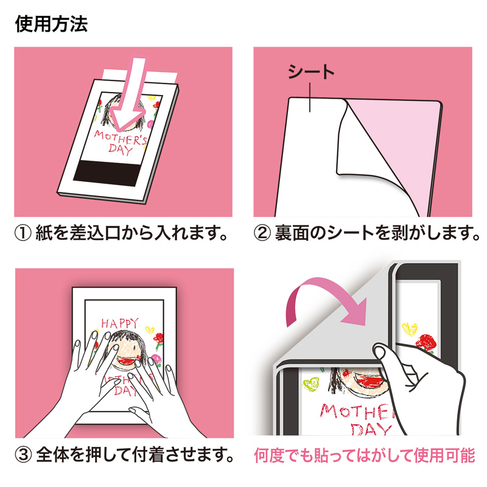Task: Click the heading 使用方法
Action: pos(51,24)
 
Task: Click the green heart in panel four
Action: pos(312,384)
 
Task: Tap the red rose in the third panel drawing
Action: pos(160,338)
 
